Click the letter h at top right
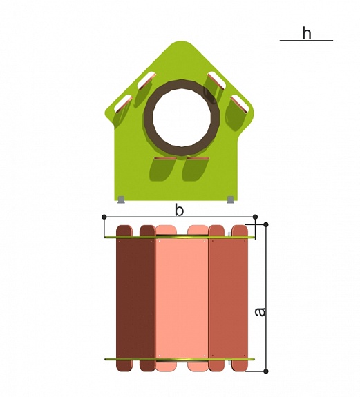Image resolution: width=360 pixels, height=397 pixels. pos(307,33)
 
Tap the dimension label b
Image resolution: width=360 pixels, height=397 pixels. pos(179,211)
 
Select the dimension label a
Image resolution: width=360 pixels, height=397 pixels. pos(260,311)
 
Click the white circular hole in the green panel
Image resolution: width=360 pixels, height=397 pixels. pos(182,117)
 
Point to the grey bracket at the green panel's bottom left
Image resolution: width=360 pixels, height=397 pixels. pos(122,200)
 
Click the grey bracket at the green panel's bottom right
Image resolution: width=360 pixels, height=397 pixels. pos(231,200)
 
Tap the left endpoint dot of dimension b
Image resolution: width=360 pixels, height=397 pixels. pos(104,217)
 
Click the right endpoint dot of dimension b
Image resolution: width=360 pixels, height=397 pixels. pos(256,217)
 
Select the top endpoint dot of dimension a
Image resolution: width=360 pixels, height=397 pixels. pos(266,224)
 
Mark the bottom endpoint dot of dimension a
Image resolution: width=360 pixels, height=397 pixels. pos(266,371)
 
